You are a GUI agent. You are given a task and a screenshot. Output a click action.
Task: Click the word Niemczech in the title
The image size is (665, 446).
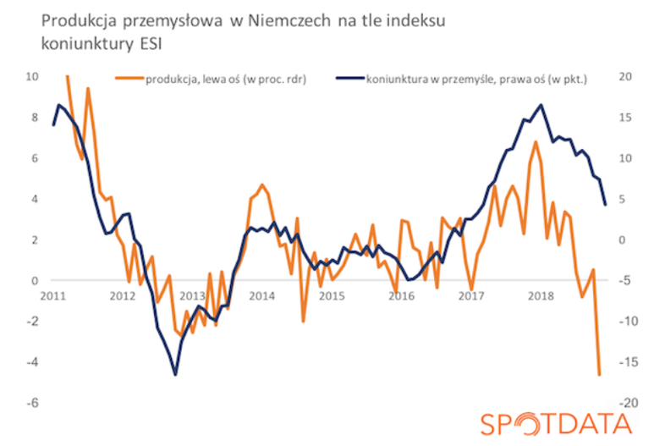[x=289, y=20]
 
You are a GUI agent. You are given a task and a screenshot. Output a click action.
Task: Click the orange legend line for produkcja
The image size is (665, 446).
[x=129, y=79]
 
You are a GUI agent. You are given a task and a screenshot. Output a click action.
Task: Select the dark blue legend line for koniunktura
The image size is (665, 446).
[x=350, y=79]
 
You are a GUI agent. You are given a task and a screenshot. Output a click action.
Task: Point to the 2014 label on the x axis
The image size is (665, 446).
[x=261, y=295]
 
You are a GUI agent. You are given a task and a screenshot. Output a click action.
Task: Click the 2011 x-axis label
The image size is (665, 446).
[x=53, y=295]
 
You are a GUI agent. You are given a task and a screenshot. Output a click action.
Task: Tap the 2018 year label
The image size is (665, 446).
[x=541, y=295]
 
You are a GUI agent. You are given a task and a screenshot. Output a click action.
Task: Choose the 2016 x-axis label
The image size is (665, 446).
[x=401, y=295]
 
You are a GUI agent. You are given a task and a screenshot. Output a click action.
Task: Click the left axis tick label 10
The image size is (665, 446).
[x=32, y=76]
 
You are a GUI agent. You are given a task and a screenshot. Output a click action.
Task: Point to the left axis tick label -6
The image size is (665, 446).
[x=32, y=403]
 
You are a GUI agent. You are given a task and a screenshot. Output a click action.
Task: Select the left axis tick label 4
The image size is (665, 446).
[x=36, y=199]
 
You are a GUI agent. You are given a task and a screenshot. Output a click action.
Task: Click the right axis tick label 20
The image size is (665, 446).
[x=625, y=76]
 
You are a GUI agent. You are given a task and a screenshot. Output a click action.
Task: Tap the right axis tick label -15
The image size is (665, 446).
[x=628, y=362]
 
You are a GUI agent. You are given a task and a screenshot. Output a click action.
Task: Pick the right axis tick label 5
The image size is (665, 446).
[x=622, y=199]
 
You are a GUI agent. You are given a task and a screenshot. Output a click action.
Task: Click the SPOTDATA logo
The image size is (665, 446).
[x=557, y=424]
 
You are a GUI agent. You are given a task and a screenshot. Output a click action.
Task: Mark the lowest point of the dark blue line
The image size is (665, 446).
[x=175, y=375]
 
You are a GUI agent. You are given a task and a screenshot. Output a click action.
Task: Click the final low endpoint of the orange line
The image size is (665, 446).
[x=599, y=375]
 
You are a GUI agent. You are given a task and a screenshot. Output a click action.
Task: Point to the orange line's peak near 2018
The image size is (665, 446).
[x=536, y=141]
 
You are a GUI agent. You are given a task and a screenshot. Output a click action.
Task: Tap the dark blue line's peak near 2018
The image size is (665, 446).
[x=541, y=105]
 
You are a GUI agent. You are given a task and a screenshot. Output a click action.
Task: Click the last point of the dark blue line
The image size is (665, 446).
[x=605, y=205]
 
